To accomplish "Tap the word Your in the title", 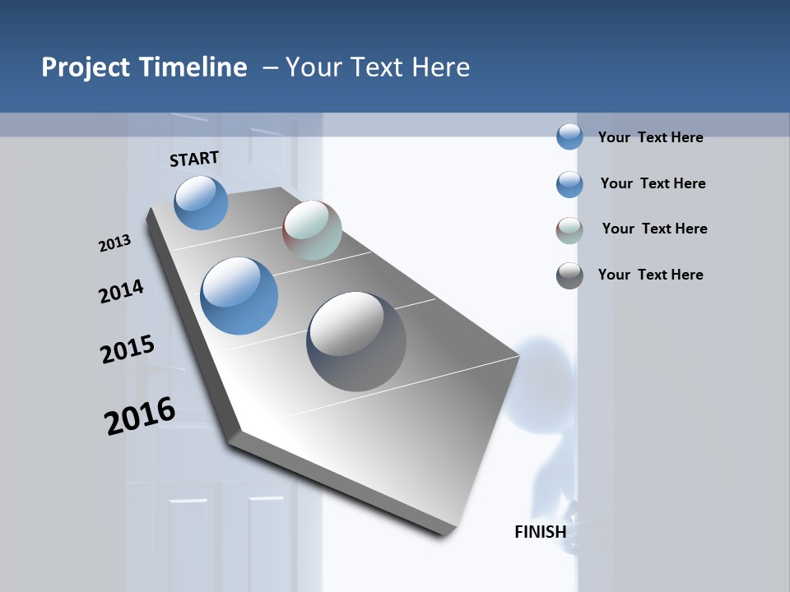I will [312, 67].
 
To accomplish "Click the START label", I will [194, 159].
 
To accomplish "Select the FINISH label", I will [541, 532].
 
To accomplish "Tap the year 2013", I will [115, 243].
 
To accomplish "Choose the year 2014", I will [122, 291].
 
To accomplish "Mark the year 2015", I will [128, 349].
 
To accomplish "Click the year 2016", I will [140, 416].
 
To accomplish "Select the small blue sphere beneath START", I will [202, 202].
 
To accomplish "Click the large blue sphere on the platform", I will [239, 296].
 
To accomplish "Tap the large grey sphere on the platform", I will [356, 341].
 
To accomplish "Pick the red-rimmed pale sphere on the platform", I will [313, 231].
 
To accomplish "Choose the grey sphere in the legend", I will [569, 275].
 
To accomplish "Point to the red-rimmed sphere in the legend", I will [569, 230].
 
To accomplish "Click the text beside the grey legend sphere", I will [651, 275].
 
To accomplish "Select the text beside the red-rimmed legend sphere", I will [654, 229].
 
